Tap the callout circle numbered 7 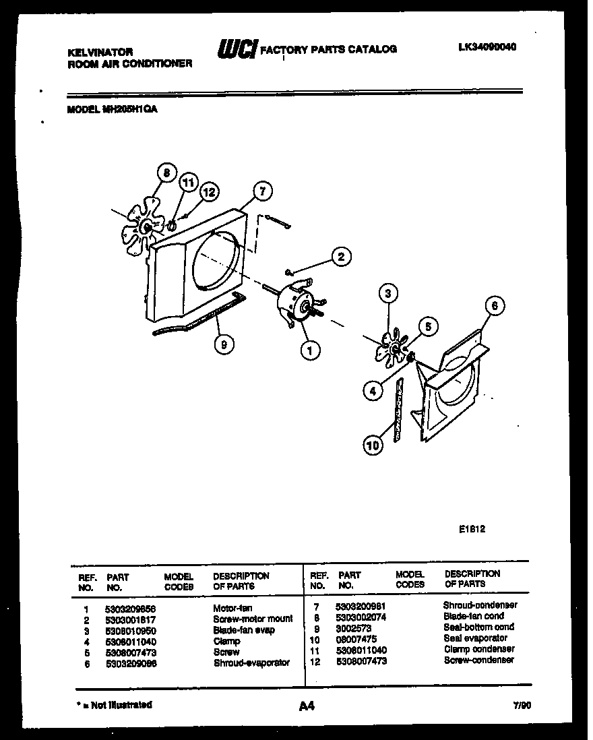point(262,191)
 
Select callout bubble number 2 point(342,256)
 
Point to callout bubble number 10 point(371,445)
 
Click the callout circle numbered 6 point(495,305)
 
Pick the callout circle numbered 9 point(223,344)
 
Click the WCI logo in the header point(237,49)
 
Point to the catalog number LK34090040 point(487,48)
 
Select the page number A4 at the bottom point(306,706)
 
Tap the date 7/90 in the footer point(522,706)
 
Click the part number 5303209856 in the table point(130,608)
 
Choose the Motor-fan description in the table point(232,608)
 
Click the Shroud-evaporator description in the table point(251,662)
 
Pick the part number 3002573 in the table point(352,627)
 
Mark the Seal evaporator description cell point(475,638)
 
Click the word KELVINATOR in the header point(100,51)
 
